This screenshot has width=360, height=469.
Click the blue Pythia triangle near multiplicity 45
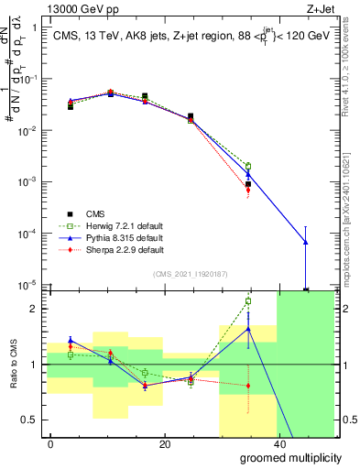(305, 243)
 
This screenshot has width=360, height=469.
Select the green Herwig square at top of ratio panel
(248, 300)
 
